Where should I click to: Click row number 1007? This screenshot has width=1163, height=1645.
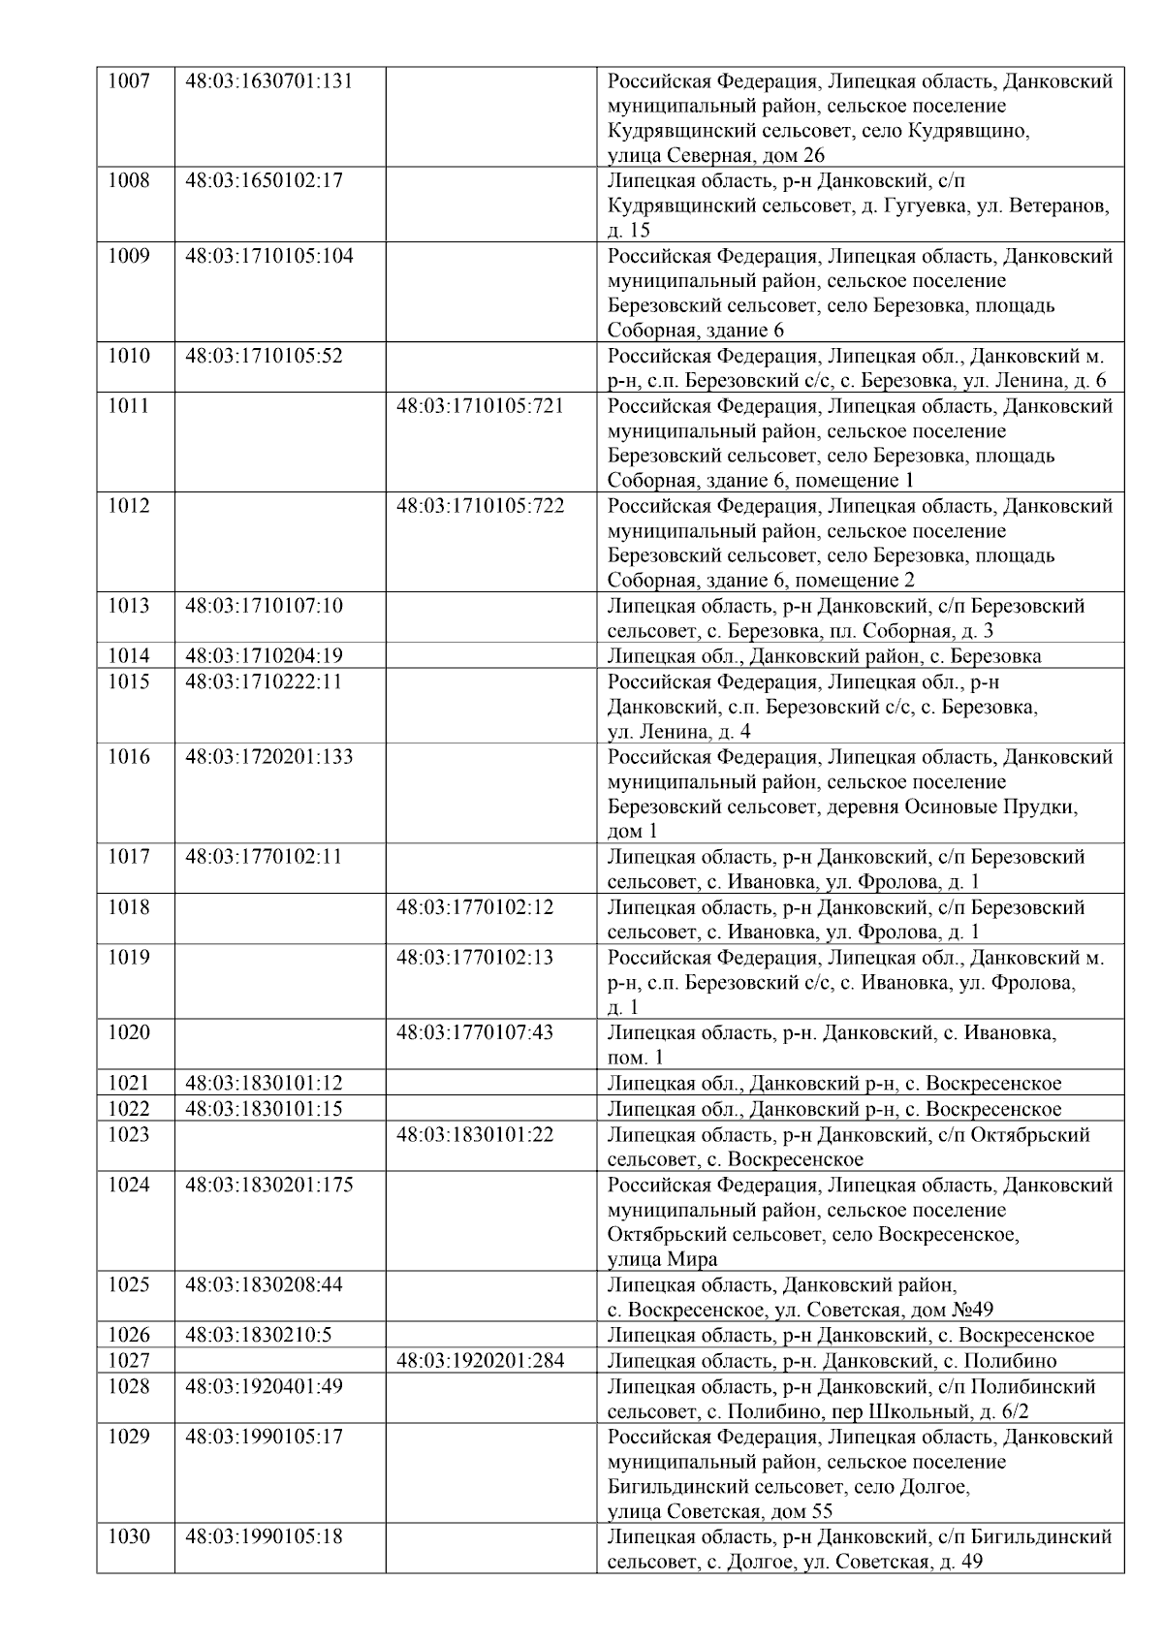[129, 80]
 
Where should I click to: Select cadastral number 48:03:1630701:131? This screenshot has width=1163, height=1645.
[268, 80]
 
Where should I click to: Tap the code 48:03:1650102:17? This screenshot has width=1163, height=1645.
[264, 180]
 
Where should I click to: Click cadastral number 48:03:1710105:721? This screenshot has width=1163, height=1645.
[480, 406]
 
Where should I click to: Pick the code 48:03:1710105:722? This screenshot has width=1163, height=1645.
[480, 506]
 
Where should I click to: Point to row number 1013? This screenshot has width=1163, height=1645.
[129, 606]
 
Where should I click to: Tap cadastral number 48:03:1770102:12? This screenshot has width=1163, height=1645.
[475, 907]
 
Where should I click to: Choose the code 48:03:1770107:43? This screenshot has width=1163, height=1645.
[475, 1032]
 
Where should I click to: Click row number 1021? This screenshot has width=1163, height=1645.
[129, 1084]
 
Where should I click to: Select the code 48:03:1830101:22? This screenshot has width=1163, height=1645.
[475, 1134]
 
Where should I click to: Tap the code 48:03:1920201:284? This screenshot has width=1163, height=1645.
[480, 1361]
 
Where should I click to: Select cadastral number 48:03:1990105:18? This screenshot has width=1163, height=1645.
[264, 1536]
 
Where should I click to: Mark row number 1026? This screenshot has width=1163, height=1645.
[129, 1336]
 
